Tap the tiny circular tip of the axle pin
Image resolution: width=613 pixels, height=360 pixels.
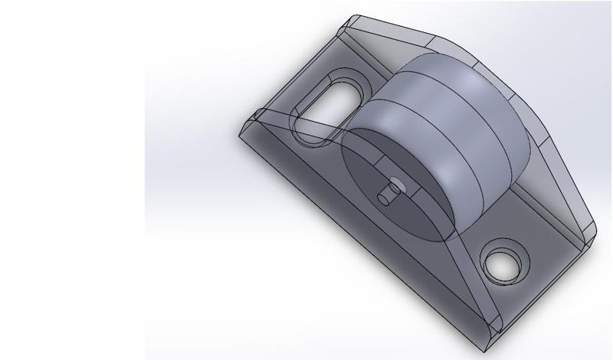click(395, 184)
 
